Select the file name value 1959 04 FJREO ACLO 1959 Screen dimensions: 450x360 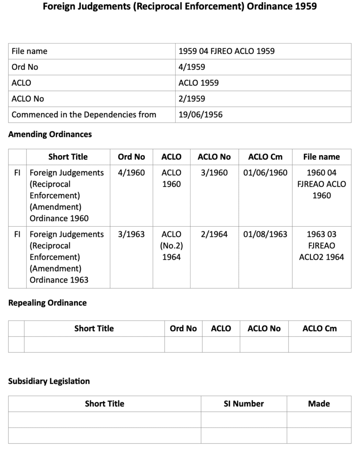tap(227, 51)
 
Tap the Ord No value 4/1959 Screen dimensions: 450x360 tap(192, 67)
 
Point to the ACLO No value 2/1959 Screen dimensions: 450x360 tap(192, 99)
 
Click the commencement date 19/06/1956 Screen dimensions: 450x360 tap(201, 115)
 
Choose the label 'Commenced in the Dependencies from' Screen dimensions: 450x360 tap(84, 115)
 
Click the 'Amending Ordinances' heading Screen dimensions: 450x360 tap(50, 134)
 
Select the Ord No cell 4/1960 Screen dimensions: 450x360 tap(131, 173)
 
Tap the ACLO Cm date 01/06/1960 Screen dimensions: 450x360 tap(265, 173)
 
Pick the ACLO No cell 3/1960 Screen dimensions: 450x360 tap(214, 173)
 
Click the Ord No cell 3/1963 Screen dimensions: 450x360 tap(131, 234)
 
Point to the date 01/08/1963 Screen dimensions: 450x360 tap(265, 234)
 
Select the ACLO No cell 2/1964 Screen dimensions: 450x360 tap(214, 234)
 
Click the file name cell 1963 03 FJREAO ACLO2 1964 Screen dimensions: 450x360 tap(321, 246)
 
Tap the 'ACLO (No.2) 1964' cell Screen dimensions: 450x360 tap(171, 246)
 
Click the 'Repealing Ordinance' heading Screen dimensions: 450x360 tap(47, 303)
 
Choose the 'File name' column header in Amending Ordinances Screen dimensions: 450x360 tap(321, 157)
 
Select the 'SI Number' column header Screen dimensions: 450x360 tap(244, 403)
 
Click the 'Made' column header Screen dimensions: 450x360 tap(319, 403)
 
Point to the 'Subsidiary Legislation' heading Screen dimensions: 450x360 tap(49, 381)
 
